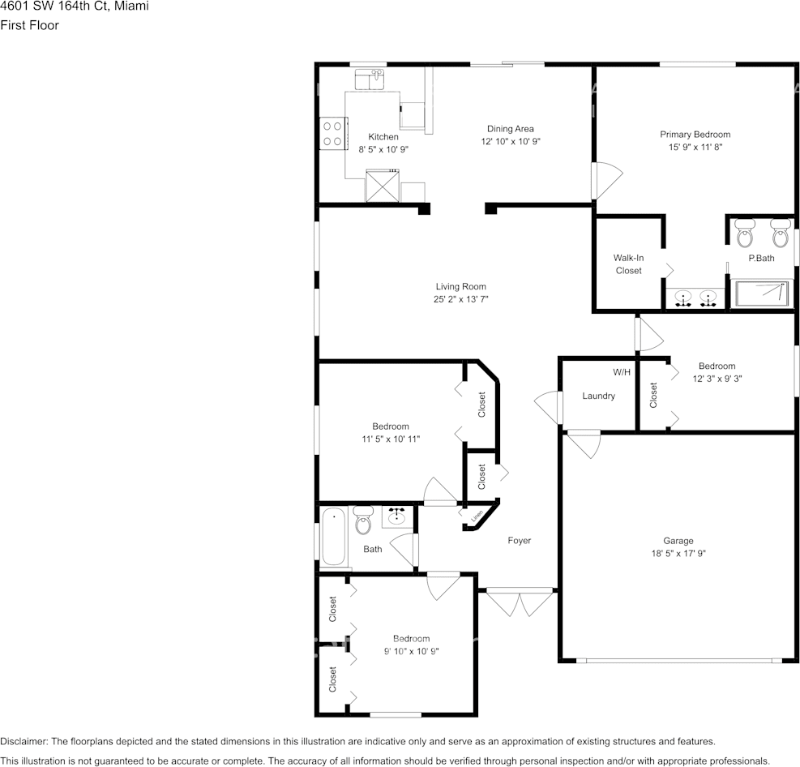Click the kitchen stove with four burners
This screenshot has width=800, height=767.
[332, 134]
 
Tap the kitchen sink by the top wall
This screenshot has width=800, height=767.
[372, 79]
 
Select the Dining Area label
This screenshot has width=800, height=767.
[510, 129]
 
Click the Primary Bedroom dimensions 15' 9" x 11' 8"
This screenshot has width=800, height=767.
[695, 148]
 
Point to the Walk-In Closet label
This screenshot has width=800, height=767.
[628, 264]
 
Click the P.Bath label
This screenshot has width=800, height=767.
[761, 259]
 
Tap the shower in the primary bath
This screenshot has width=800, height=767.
[761, 294]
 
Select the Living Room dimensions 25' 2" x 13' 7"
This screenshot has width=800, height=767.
[460, 299]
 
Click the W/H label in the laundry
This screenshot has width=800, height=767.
[622, 372]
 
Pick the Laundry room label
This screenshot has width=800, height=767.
[598, 396]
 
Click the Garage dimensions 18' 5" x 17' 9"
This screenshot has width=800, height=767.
[678, 554]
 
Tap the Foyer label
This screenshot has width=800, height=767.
[520, 541]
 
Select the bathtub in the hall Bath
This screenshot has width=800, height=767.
[333, 536]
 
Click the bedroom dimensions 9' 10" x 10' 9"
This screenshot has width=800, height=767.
[411, 651]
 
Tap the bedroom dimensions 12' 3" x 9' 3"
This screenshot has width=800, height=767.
[717, 379]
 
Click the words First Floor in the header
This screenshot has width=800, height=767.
[29, 25]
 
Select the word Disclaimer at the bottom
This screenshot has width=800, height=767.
[24, 741]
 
